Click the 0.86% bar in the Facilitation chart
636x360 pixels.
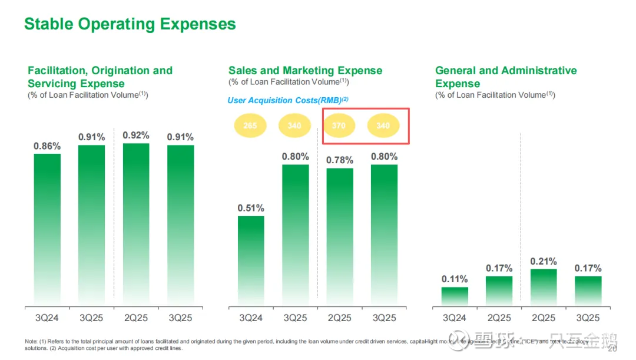pyautogui.click(x=47, y=230)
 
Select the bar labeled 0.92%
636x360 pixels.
pyautogui.click(x=136, y=224)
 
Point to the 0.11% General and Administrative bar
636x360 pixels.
pyautogui.click(x=455, y=296)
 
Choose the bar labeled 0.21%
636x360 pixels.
pyautogui.click(x=544, y=288)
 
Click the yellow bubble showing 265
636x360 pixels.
pyautogui.click(x=250, y=125)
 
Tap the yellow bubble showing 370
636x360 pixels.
pyautogui.click(x=339, y=125)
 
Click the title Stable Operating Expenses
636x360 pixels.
pyautogui.click(x=130, y=24)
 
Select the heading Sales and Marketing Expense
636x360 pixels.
pyautogui.click(x=305, y=71)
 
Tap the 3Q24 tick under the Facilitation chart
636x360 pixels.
pyautogui.click(x=47, y=318)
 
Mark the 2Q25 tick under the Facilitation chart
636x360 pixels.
pyautogui.click(x=136, y=318)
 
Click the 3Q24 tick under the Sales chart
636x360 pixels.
pyautogui.click(x=251, y=318)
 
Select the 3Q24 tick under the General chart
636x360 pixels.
pyautogui.click(x=455, y=318)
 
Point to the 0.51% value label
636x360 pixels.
pyautogui.click(x=251, y=208)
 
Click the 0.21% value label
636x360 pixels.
pyautogui.click(x=544, y=261)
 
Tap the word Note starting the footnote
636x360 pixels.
pyautogui.click(x=30, y=342)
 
